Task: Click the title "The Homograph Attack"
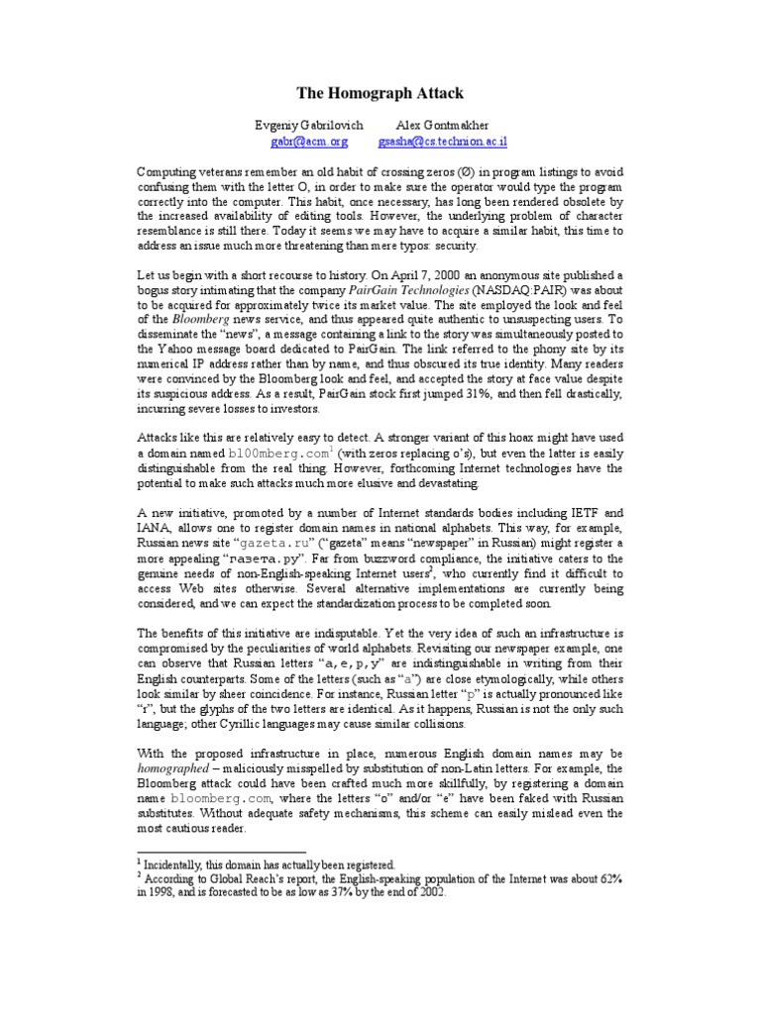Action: (380, 93)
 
